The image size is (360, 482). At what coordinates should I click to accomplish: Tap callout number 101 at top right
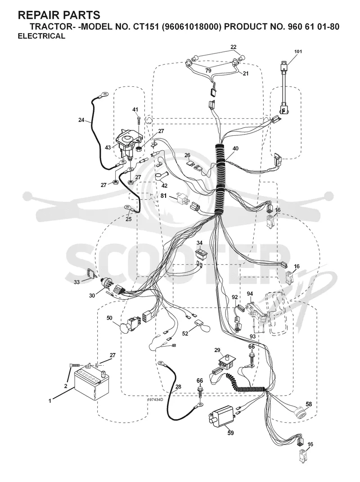point(298,51)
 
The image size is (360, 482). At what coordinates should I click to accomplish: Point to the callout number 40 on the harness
point(235,148)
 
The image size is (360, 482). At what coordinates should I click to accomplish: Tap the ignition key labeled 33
point(91,273)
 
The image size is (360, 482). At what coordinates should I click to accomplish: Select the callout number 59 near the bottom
point(230,433)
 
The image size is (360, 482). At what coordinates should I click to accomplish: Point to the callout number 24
point(81,120)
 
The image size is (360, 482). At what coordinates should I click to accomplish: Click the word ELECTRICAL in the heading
point(41,36)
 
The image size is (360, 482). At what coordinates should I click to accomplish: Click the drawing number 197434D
point(155,399)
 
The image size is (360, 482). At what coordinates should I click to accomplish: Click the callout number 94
point(250,294)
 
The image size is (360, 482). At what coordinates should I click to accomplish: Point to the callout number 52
point(185,334)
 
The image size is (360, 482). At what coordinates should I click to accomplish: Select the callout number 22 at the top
point(234,47)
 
